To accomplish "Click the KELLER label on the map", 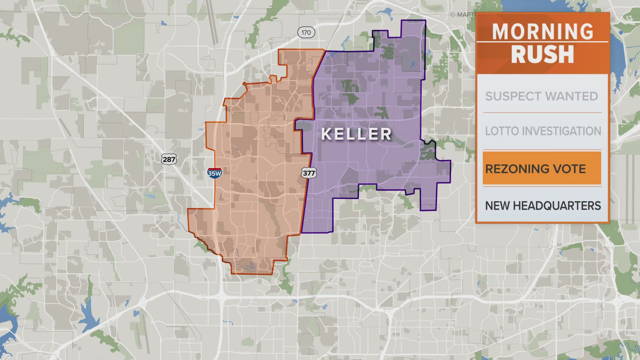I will pyautogui.click(x=356, y=134).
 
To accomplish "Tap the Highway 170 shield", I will pyautogui.click(x=306, y=32).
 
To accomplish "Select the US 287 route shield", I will pyautogui.click(x=169, y=159).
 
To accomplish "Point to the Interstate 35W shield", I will pyautogui.click(x=215, y=173).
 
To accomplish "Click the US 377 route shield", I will pyautogui.click(x=309, y=173).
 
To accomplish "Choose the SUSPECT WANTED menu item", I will pyautogui.click(x=542, y=96).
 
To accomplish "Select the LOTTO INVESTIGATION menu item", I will pyautogui.click(x=543, y=131).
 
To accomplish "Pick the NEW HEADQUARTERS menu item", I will pyautogui.click(x=543, y=206).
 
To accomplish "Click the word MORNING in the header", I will pyautogui.click(x=543, y=32).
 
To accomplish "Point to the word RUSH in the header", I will pyautogui.click(x=543, y=54).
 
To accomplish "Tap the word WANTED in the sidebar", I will pyautogui.click(x=572, y=96).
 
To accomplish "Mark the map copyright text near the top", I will pyautogui.click(x=463, y=15).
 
